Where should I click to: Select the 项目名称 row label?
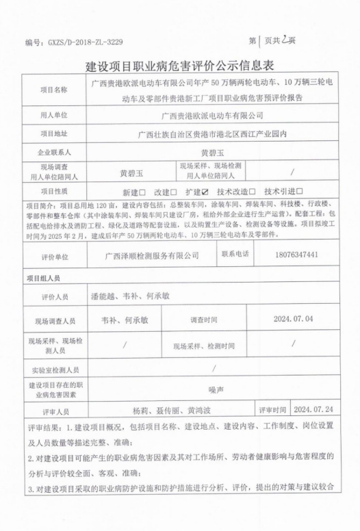tap(55, 90)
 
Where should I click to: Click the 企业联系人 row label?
tap(55, 153)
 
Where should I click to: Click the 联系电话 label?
tap(235, 255)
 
